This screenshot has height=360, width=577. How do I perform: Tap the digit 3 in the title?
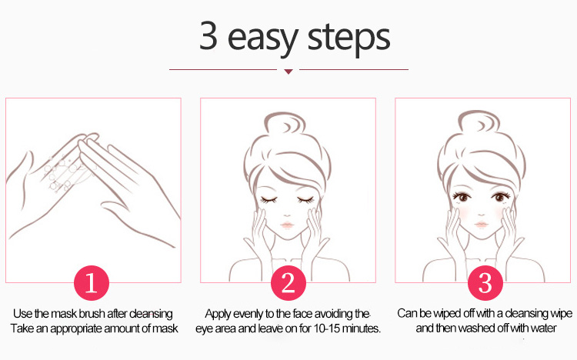[208, 35]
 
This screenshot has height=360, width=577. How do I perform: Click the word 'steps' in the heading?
[349, 38]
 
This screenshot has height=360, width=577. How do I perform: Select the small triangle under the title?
[288, 72]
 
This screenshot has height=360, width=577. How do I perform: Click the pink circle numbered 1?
[92, 283]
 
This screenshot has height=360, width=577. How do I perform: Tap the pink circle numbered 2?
[288, 283]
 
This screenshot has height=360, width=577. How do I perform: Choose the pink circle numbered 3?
[485, 283]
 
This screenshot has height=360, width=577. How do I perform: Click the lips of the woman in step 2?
[287, 225]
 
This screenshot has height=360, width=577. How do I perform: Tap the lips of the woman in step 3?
[482, 224]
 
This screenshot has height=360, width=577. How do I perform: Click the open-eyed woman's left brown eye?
[463, 197]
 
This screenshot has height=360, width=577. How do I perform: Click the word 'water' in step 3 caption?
[542, 328]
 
